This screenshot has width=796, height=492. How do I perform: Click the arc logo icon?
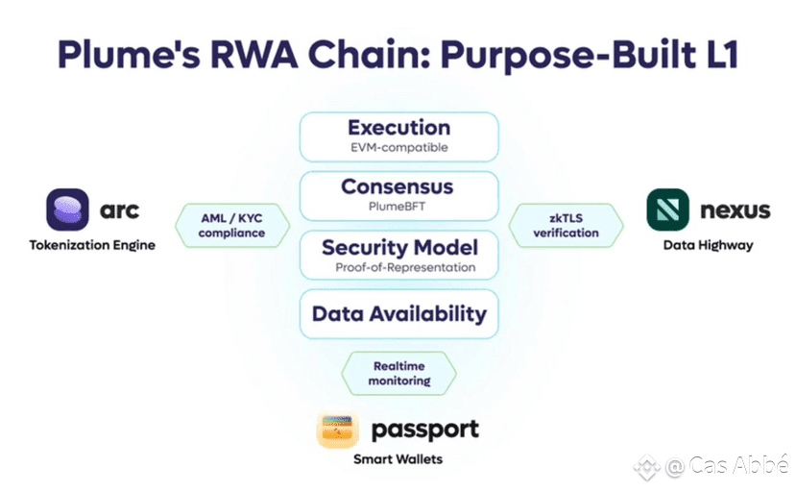coord(67,209)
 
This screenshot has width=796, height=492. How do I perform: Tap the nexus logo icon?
coord(667,209)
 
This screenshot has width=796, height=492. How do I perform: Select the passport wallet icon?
coord(338,430)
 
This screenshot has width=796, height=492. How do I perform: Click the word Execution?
coord(399,128)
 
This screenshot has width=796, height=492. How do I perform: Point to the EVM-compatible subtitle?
coord(399,147)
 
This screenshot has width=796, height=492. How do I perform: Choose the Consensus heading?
coord(397,186)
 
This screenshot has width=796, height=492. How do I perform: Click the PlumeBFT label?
coord(397,207)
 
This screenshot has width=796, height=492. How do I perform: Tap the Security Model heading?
coord(400,248)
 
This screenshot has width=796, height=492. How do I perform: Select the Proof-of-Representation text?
coord(405,267)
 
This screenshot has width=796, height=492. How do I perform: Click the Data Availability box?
coord(399,314)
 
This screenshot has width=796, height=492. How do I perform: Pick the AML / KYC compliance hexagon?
coord(232,226)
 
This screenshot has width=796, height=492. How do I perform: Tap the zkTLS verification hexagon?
coord(566,226)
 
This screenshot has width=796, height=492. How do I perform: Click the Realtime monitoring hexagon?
coord(399,374)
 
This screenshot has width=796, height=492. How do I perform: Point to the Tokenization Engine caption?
coord(92,245)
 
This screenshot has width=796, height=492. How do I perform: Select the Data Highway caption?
coord(709,245)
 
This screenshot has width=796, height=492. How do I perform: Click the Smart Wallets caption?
coord(398,459)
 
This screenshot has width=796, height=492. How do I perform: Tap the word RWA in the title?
coord(253,55)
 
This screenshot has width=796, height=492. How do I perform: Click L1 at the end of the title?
coord(722,54)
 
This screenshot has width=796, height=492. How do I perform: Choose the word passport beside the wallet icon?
coord(425,430)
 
